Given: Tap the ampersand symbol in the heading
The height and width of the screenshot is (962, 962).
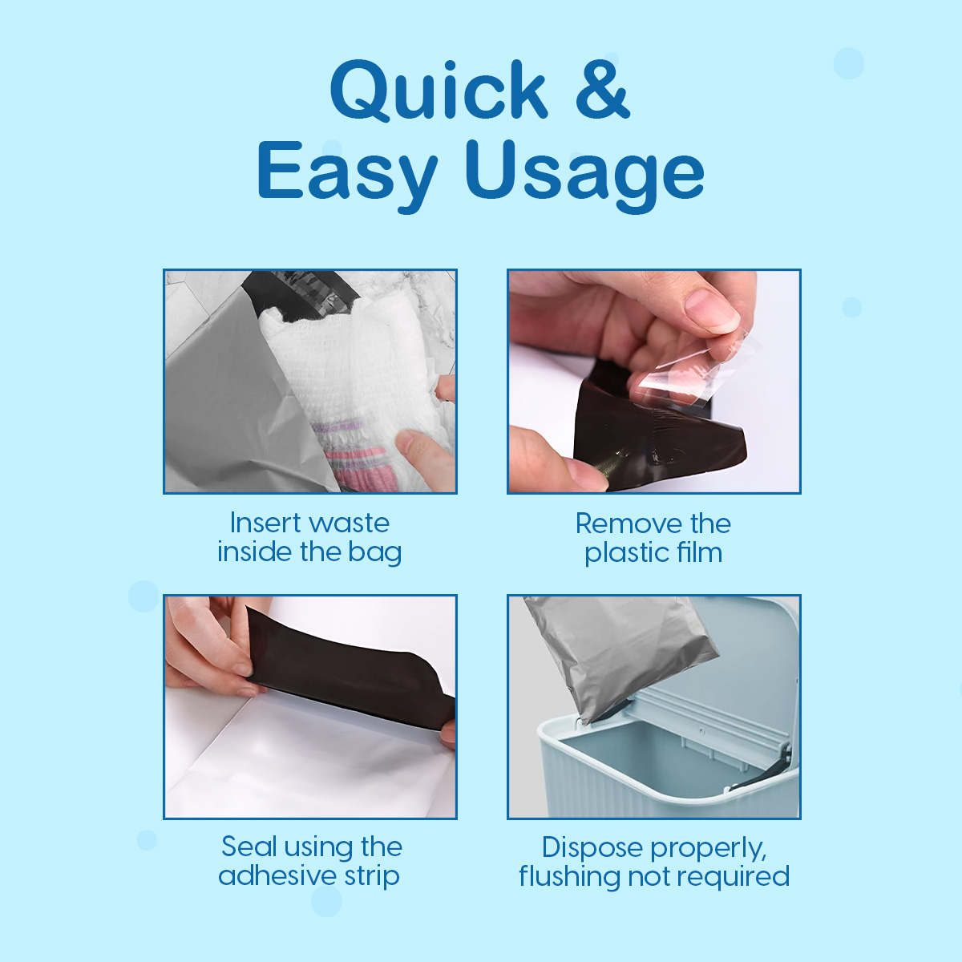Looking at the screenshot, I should tap(602, 90).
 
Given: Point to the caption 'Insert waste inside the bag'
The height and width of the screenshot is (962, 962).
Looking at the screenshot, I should tap(309, 537).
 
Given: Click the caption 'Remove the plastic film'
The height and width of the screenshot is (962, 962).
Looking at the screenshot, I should tap(653, 538).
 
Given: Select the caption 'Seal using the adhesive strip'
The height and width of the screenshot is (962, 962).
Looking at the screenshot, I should tap(310, 861).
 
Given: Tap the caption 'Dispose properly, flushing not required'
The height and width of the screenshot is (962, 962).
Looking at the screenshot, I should tap(654, 862).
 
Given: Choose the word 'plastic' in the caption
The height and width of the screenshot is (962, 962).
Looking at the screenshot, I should tap(625, 553).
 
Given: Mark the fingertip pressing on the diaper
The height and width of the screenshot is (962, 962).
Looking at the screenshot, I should tap(421, 449).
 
